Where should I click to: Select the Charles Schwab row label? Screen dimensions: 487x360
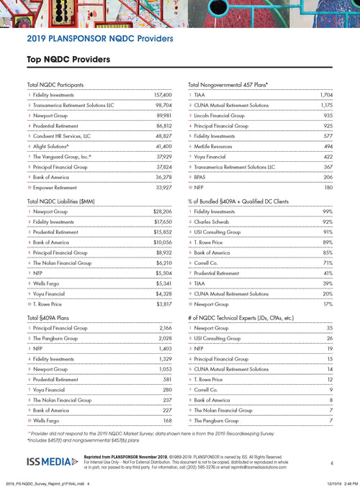(215, 222)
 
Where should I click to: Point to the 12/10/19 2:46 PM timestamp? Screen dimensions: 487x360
(335, 483)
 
